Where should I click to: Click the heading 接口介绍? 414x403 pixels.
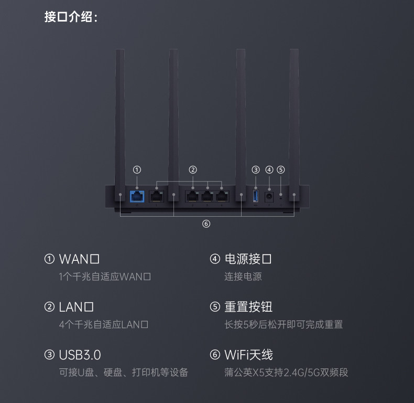71,17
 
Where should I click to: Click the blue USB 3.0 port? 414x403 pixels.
256,196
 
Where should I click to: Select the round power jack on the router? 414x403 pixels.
269,196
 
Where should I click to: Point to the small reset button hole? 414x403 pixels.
281,197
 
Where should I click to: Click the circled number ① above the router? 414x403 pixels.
137,169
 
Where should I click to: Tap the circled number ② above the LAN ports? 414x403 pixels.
193,169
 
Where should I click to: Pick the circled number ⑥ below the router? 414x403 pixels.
206,224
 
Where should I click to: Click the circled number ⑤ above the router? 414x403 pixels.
281,169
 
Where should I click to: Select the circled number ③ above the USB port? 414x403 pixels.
256,169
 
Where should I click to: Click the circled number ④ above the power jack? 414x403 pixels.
269,169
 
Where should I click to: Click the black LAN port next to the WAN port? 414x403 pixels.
157,196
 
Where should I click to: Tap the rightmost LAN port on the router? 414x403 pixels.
223,196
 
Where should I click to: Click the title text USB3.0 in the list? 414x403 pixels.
80,355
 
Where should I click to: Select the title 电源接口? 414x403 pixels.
248,259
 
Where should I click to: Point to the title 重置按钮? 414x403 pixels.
248,307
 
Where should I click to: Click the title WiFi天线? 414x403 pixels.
248,355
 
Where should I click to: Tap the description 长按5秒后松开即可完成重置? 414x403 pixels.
284,325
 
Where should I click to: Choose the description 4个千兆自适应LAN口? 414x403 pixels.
104,325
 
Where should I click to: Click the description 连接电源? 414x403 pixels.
243,277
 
